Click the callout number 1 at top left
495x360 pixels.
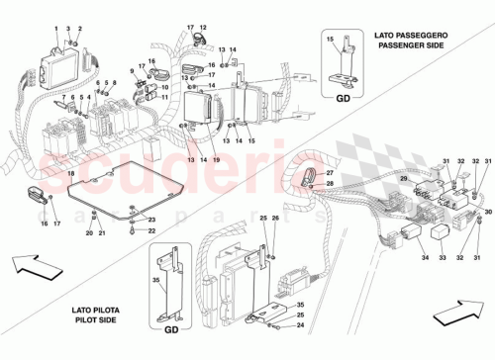(56, 30)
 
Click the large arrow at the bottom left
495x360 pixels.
(34, 266)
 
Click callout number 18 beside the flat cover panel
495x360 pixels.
(70, 174)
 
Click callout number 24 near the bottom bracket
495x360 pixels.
(301, 323)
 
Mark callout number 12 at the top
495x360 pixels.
(203, 28)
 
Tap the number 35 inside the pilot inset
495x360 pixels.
(155, 281)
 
